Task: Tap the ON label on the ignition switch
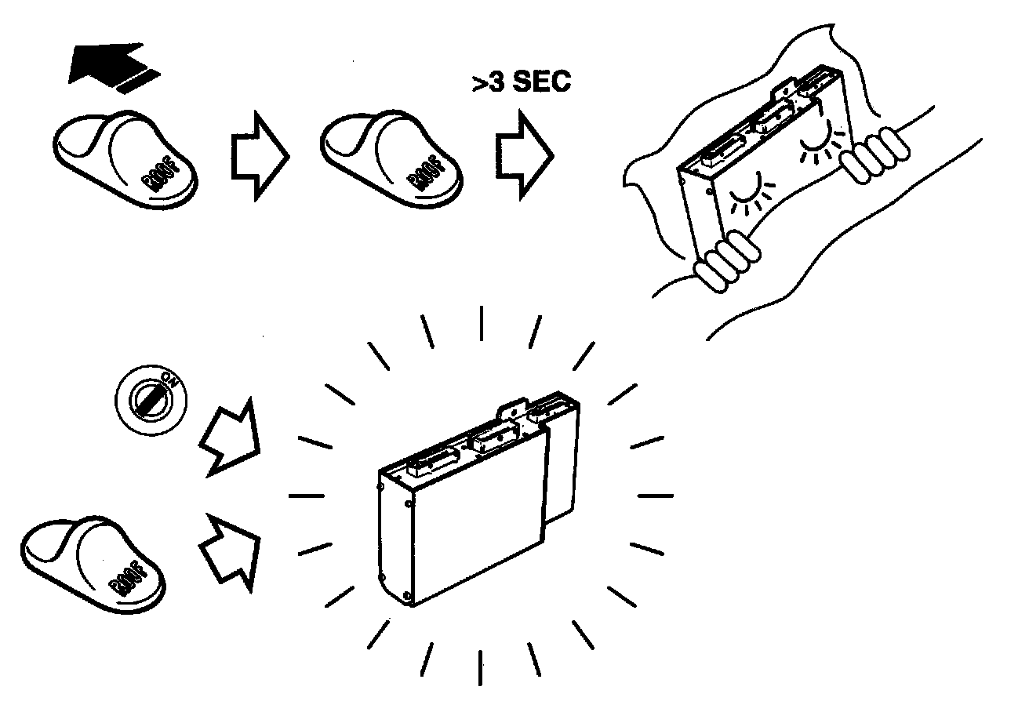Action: (x=166, y=383)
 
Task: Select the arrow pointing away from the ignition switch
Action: (x=230, y=439)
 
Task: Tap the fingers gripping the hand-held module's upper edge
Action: (x=875, y=154)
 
